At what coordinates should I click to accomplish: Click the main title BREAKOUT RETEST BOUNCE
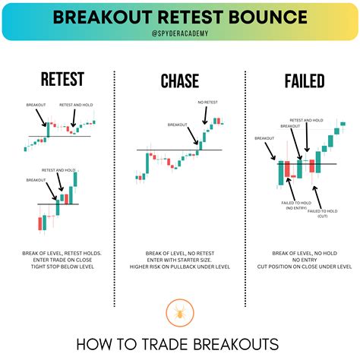pyautogui.click(x=180, y=17)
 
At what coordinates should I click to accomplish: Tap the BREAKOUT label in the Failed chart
pyautogui.click(x=264, y=138)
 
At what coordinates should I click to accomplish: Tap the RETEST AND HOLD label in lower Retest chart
pyautogui.click(x=58, y=171)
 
